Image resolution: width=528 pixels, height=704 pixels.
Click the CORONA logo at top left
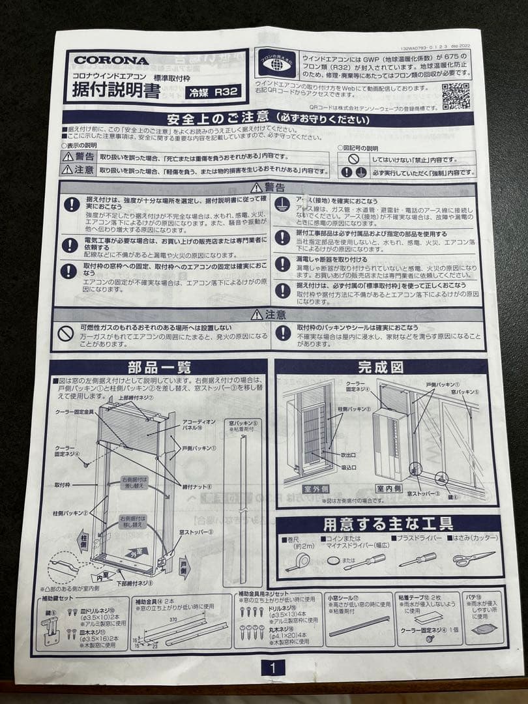(111, 60)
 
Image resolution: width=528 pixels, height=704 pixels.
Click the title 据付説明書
(112, 91)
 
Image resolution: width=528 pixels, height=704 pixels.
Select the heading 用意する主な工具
(389, 523)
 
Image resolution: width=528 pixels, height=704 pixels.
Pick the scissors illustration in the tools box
(474, 559)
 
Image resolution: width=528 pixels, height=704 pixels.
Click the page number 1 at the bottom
(272, 667)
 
